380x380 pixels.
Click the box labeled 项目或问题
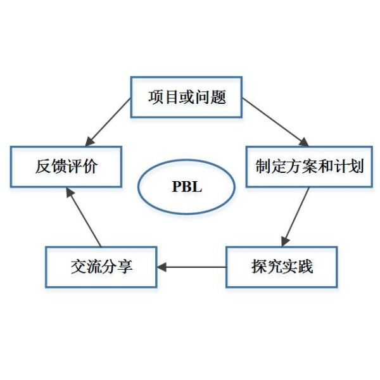(187, 98)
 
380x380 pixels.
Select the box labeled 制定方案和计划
(309, 167)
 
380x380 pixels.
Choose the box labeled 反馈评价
(66, 167)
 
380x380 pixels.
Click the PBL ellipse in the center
(187, 187)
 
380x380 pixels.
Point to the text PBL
(187, 187)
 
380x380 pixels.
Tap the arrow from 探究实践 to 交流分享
(193, 267)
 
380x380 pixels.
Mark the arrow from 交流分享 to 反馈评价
(84, 218)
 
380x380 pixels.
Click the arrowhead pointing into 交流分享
(162, 267)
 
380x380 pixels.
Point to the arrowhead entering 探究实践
(285, 241)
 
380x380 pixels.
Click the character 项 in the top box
(155, 98)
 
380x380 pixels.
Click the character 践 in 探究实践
(305, 267)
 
